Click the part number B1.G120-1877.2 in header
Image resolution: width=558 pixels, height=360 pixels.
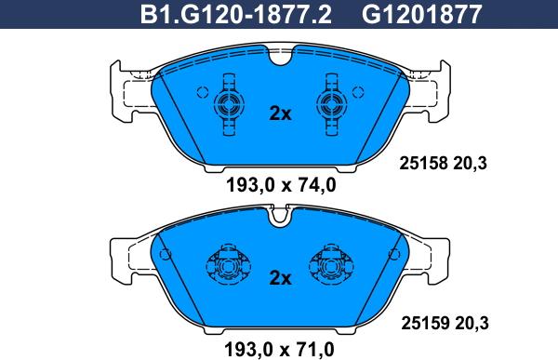pos(236,14)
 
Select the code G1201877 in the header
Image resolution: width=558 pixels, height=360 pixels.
pos(422,14)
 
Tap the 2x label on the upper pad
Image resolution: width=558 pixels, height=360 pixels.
pos(280,113)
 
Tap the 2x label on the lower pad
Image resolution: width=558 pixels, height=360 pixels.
pos(280,278)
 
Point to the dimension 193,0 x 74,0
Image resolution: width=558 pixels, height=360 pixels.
pos(281,185)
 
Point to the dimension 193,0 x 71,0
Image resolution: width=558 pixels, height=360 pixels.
pos(279,350)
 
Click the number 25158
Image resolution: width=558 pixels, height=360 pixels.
pos(423,164)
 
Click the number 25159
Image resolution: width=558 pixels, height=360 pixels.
pos(425,324)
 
